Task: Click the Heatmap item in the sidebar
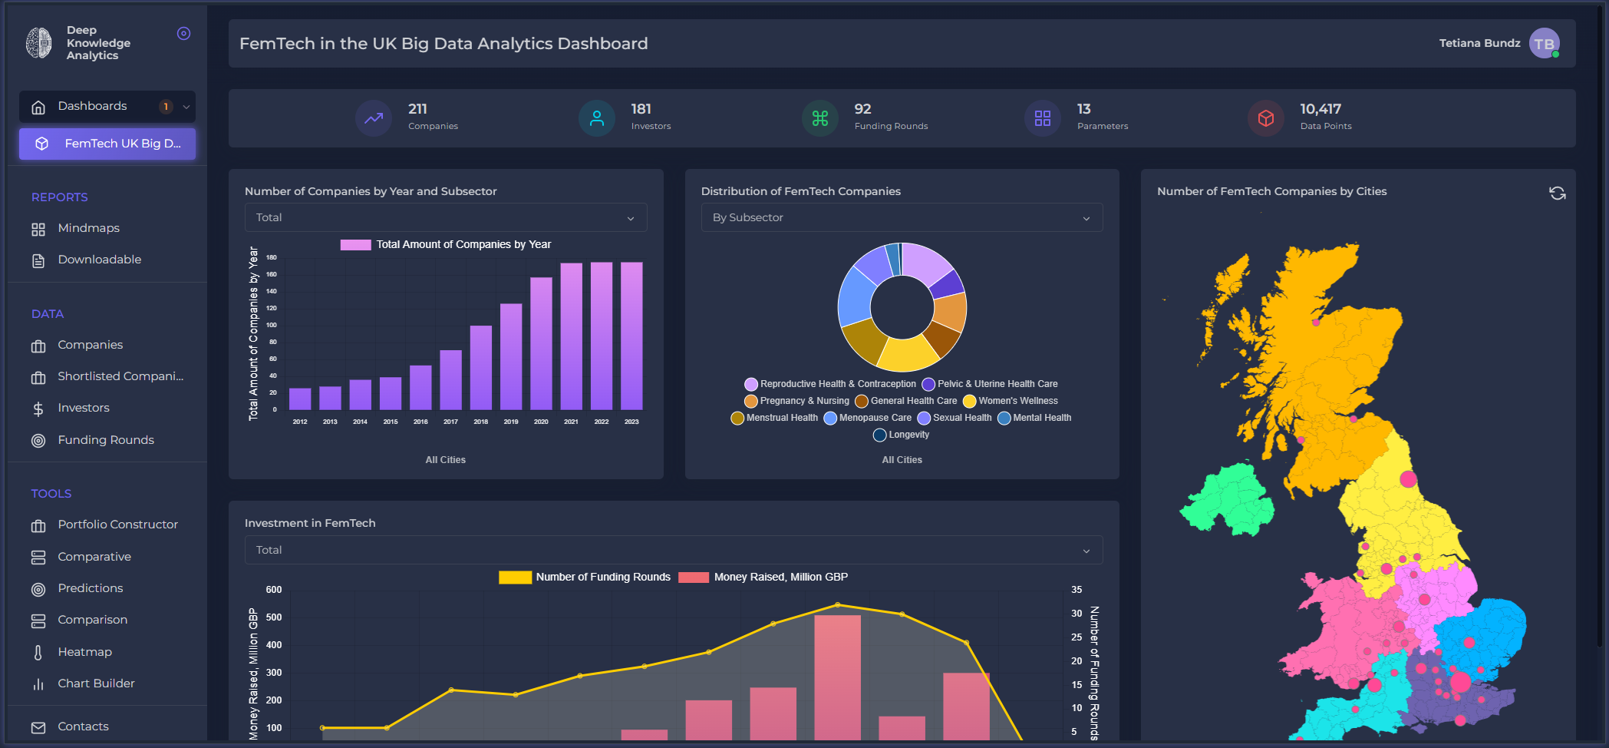coord(84,652)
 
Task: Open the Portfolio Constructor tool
coord(117,525)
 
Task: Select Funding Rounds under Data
coord(106,440)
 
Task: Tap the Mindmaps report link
coord(88,228)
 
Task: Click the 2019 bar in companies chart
coord(511,356)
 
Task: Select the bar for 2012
coord(300,399)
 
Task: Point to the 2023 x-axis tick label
coord(631,422)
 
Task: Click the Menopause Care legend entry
coord(875,418)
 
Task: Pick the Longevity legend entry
coord(908,435)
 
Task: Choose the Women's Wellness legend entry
coord(1017,401)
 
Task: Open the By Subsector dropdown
coord(902,217)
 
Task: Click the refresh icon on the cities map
coord(1557,193)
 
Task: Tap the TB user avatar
coord(1544,44)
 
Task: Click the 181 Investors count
coord(641,109)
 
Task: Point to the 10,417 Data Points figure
coord(1321,109)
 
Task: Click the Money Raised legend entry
coord(780,577)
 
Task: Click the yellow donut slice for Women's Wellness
coord(908,354)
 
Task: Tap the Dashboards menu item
coord(92,106)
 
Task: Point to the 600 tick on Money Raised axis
coord(274,590)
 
